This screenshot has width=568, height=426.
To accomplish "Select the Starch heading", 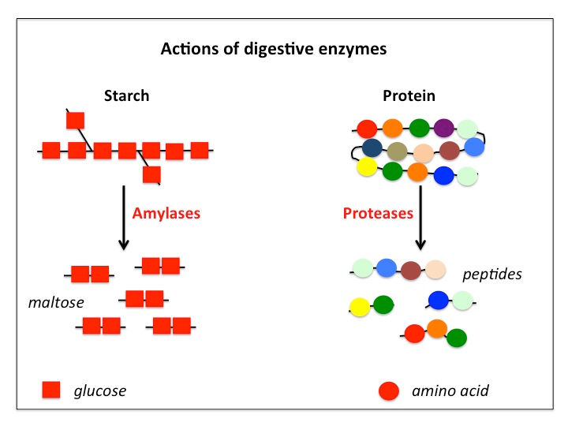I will tap(126, 96).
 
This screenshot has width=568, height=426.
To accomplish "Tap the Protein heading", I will tap(409, 96).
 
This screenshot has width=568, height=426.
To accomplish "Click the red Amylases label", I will tap(166, 213).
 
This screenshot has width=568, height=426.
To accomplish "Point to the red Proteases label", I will tap(377, 213).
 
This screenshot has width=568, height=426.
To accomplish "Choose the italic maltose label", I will tap(55, 302).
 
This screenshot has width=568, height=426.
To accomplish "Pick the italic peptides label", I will tap(492, 275).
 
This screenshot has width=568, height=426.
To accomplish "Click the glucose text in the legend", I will tap(99, 390).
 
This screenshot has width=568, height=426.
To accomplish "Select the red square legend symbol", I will tap(51, 390).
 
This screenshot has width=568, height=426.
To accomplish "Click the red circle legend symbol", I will tap(388, 390).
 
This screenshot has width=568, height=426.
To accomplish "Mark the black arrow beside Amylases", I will tap(124, 217).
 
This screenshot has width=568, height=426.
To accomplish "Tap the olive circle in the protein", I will tap(398, 151).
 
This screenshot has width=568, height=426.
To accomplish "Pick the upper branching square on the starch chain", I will tap(76, 120).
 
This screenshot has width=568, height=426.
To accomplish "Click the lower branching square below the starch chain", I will tap(151, 174).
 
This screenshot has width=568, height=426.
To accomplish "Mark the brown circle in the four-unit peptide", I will tap(410, 271).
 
